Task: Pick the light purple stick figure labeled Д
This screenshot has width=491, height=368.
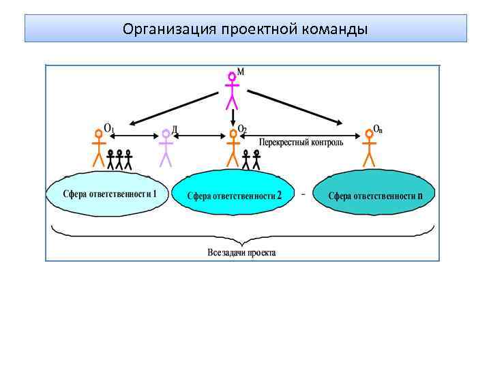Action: point(165,149)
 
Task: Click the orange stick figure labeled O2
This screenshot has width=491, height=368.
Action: point(233,149)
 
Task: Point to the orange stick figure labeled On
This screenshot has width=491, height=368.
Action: point(369,149)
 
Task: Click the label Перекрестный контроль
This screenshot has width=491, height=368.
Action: point(301,142)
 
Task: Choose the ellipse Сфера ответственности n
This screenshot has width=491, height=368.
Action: point(374,196)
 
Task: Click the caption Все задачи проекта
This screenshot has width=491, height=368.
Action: point(242,252)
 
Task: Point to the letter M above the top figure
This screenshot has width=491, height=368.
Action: point(240,71)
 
